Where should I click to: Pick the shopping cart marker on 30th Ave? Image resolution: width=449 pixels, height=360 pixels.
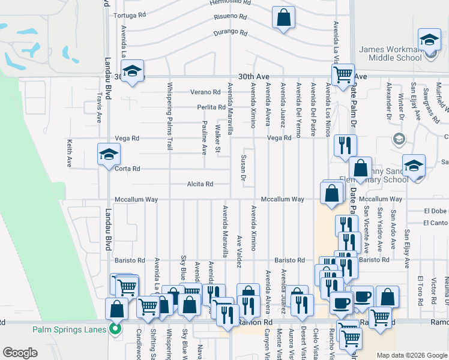pyautogui.click(x=343, y=75)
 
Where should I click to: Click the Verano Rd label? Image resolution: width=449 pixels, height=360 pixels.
pyautogui.click(x=206, y=92)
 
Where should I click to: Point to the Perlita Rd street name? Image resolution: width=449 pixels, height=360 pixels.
pyautogui.click(x=210, y=107)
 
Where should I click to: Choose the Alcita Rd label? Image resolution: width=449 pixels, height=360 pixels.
pyautogui.click(x=200, y=184)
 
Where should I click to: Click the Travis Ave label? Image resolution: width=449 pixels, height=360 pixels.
pyautogui.click(x=100, y=110)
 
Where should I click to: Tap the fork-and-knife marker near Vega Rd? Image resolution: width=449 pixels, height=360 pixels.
pyautogui.click(x=345, y=145)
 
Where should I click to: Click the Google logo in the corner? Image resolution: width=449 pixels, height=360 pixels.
pyautogui.click(x=20, y=353)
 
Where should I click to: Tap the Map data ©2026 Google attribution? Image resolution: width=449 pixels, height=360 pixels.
pyautogui.click(x=411, y=355)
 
